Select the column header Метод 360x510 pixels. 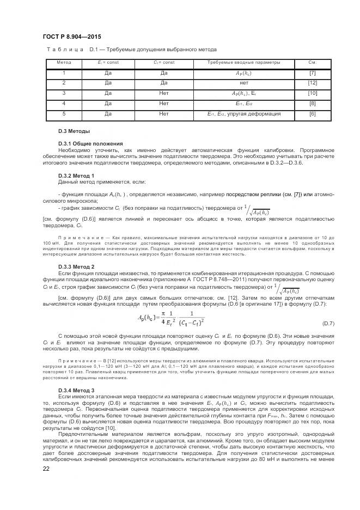click(x=64, y=63)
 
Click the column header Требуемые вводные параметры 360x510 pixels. click(x=243, y=63)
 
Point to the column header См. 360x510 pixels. click(x=313, y=63)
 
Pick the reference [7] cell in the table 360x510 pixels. click(x=313, y=73)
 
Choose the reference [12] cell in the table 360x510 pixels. click(x=313, y=83)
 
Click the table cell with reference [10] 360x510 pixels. click(x=313, y=93)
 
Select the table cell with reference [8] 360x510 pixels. click(x=313, y=103)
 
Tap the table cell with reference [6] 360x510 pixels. click(x=313, y=114)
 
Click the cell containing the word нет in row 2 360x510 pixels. click(x=243, y=83)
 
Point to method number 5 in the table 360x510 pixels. click(x=64, y=114)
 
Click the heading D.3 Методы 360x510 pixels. click(x=74, y=131)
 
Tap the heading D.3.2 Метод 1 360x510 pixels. click(x=76, y=175)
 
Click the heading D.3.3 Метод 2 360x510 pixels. click(x=76, y=266)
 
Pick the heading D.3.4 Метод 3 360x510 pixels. click(x=76, y=390)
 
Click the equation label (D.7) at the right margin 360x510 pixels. click(x=328, y=323)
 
